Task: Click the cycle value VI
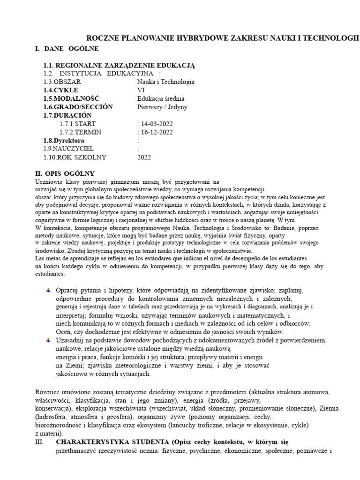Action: [141, 90]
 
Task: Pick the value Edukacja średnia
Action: [161, 98]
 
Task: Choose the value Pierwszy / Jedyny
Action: [162, 107]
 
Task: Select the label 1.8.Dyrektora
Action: [64, 141]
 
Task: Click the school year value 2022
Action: [144, 157]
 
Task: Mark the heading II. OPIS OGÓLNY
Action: [65, 173]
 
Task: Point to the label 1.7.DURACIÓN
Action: [67, 115]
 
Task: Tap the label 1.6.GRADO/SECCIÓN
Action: [78, 107]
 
